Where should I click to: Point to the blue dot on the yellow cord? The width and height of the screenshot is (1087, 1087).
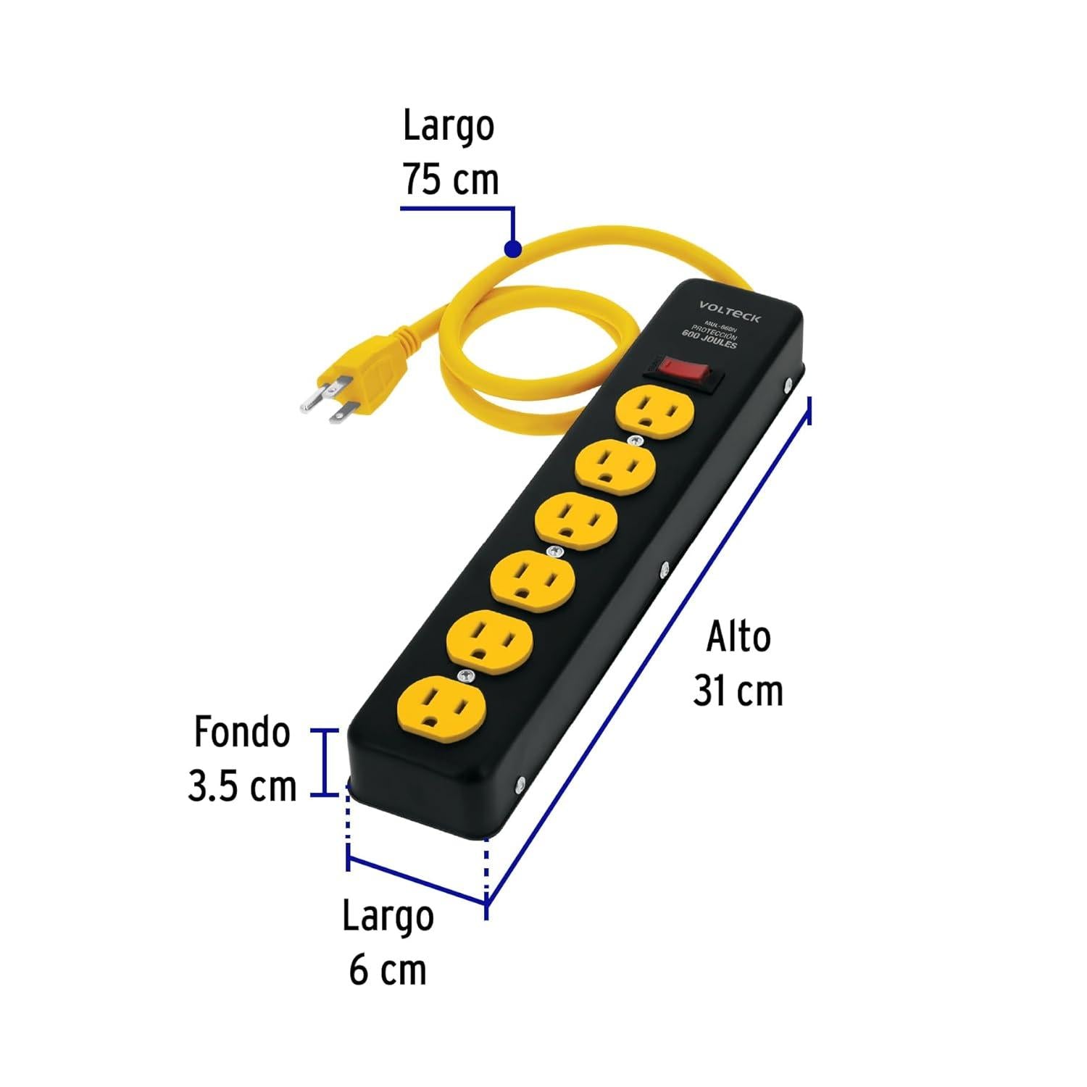[512, 249]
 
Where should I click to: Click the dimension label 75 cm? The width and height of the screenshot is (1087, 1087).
[451, 180]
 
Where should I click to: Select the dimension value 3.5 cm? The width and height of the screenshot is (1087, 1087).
[242, 787]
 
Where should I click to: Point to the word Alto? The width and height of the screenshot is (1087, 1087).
[738, 638]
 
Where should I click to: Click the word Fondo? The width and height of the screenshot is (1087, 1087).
[242, 733]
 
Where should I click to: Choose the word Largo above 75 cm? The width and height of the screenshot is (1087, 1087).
[449, 126]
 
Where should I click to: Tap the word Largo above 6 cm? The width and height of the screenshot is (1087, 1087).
[388, 916]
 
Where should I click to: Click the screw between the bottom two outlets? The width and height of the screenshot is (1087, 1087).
[465, 676]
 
